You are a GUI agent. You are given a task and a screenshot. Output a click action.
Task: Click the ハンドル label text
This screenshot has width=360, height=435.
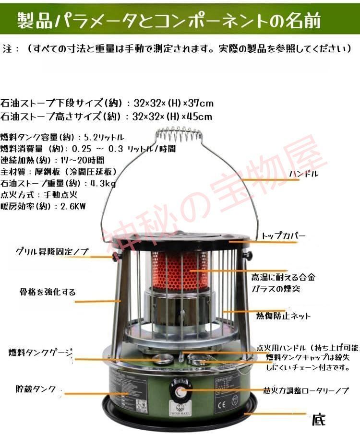[303, 174]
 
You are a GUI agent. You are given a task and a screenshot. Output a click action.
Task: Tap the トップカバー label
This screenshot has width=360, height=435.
[284, 236]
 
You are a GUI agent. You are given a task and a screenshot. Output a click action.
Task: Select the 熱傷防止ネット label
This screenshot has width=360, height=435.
[284, 316]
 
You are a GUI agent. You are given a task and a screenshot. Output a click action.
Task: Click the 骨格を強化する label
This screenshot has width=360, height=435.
[48, 292]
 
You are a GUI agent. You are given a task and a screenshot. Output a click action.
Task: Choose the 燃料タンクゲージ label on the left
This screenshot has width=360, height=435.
[41, 353]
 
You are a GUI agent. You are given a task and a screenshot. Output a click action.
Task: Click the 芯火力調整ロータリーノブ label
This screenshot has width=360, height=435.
[306, 390]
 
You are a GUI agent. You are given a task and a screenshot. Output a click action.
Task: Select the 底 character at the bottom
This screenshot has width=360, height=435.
[318, 420]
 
